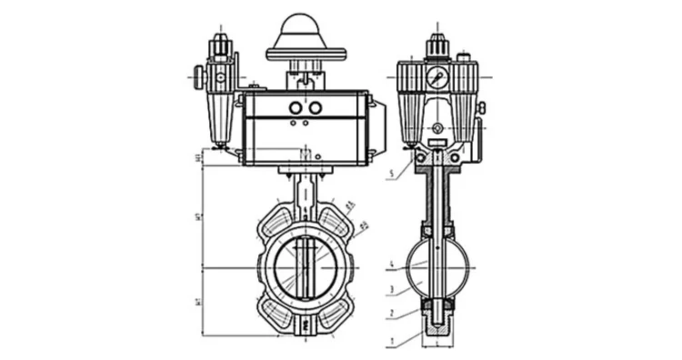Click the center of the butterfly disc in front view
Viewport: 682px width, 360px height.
[x=306, y=267]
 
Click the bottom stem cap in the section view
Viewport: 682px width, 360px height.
[x=439, y=323]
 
